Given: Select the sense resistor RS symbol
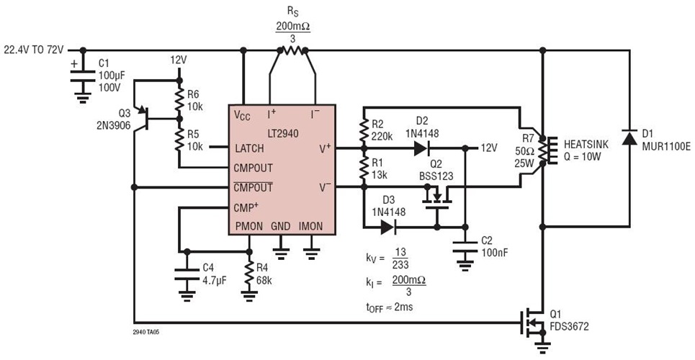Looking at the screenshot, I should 292,50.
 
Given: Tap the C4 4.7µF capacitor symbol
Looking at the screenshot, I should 187,274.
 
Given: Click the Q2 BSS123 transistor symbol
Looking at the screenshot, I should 436,196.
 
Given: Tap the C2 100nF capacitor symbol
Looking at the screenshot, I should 465,248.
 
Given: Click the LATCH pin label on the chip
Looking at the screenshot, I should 248,149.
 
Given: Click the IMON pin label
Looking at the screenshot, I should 311,226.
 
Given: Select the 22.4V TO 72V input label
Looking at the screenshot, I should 35,50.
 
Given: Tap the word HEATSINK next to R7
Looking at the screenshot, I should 586,144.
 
